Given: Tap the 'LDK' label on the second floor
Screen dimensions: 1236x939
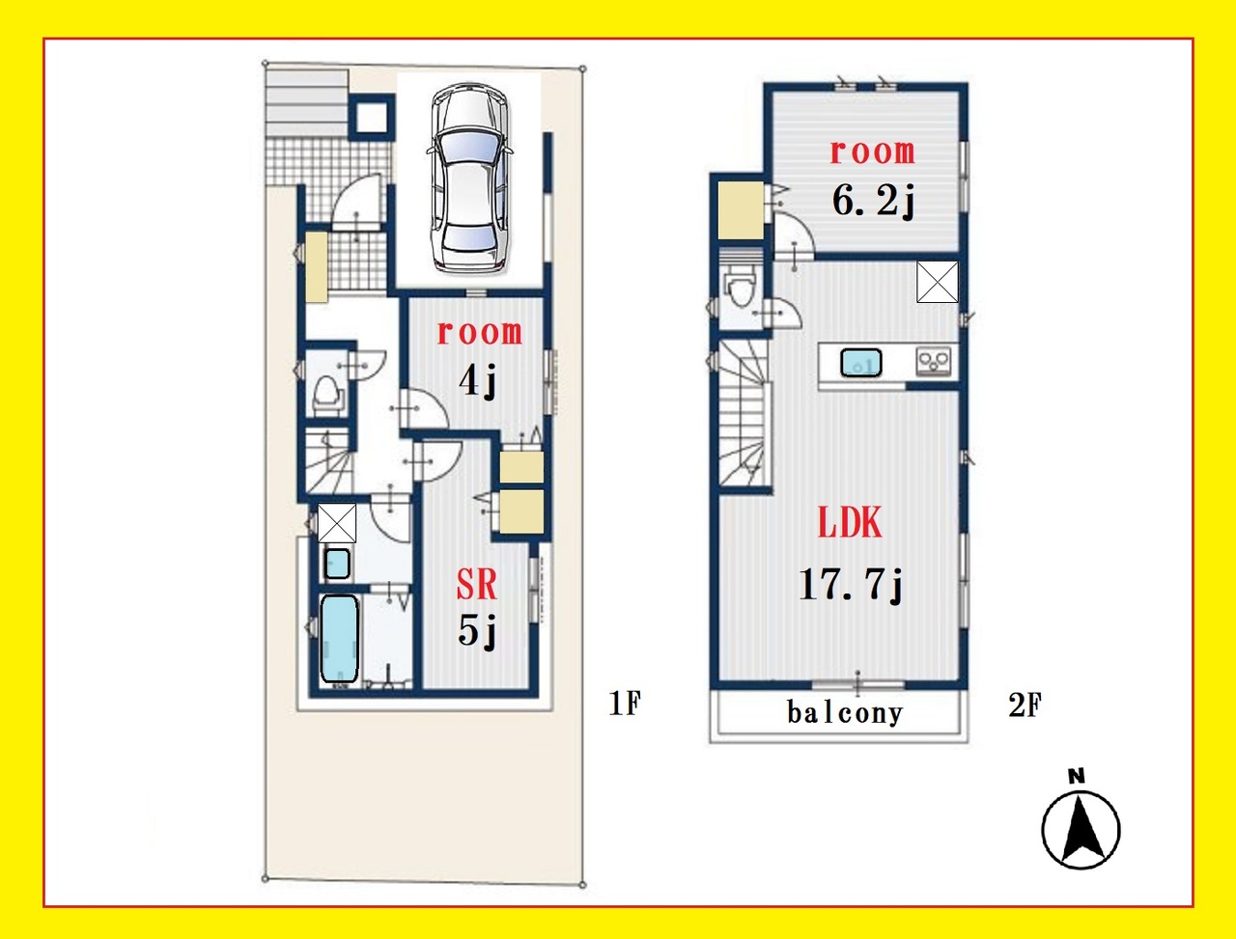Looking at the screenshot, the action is coord(850,523).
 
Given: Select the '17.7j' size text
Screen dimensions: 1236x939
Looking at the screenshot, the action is coord(851,586).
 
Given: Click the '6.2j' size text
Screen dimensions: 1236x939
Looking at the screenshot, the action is coord(873,202).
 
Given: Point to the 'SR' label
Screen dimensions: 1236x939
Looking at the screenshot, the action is coord(476,584).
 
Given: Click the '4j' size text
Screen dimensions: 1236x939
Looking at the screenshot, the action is coord(477,382).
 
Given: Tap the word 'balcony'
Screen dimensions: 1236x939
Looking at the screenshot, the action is coord(845,713).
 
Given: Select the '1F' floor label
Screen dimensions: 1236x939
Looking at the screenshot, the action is coord(625,704).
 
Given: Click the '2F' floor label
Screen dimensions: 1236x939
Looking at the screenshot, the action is coord(1025,705).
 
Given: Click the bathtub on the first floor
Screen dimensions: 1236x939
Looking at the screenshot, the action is coord(340,640).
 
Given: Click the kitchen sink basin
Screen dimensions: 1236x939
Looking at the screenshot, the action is coord(861,362).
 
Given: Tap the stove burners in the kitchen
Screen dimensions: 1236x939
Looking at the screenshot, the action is coord(934,361).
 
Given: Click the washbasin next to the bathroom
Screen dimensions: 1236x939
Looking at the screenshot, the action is coord(338,564).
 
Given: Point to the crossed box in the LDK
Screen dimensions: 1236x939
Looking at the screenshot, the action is coord(938,282).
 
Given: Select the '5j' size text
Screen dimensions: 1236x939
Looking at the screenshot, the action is coord(476,631).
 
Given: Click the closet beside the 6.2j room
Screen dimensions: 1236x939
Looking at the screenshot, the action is coord(741,210).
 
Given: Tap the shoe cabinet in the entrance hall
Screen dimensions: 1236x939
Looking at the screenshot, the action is coord(318,267).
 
